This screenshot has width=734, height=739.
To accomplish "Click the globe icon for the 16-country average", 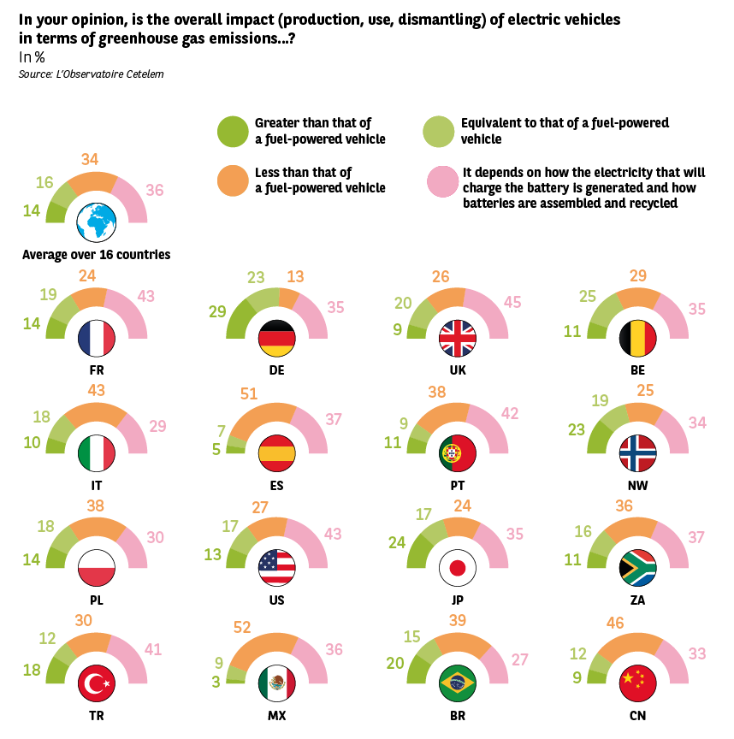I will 96,223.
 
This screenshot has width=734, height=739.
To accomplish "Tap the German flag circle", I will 276,339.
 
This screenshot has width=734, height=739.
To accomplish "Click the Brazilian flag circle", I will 456,683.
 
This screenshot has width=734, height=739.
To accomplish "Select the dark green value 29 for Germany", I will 217,311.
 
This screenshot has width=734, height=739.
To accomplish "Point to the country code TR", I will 97,714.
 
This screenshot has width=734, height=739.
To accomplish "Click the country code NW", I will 637,485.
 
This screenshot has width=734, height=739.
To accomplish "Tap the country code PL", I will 97,600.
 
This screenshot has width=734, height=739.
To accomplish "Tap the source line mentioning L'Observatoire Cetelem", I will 91,75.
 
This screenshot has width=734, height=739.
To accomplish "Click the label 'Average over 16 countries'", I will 96,255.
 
